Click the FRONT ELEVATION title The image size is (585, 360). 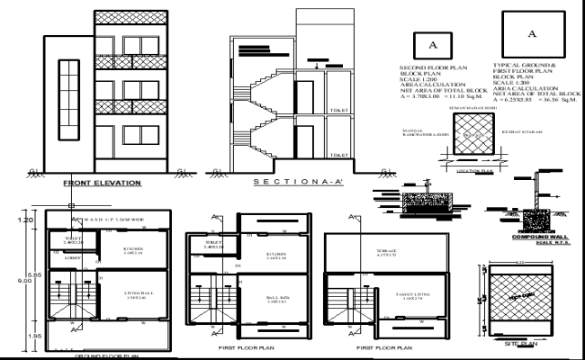(102, 183)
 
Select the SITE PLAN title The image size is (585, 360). (520, 343)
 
